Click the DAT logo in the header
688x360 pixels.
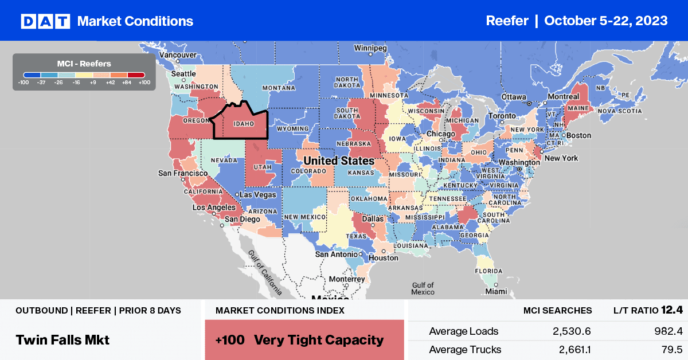coord(45,21)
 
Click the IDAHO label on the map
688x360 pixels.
coord(244,123)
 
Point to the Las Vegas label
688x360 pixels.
coord(257,194)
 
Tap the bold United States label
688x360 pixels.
coord(339,161)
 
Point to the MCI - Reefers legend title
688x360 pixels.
coord(84,64)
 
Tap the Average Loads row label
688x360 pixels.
coord(463,331)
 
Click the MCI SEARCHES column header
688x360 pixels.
coord(557,310)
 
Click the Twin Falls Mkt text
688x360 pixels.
coord(62,339)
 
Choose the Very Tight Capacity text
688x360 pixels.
coord(319,339)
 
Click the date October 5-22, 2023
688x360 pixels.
coord(605,21)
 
